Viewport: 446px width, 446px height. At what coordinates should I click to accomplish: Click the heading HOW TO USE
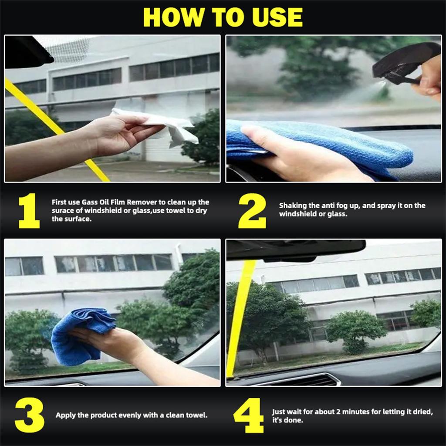point(223,17)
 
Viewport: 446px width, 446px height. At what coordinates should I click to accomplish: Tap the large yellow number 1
point(29,211)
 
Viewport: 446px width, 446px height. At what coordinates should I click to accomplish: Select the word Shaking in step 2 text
point(293,205)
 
